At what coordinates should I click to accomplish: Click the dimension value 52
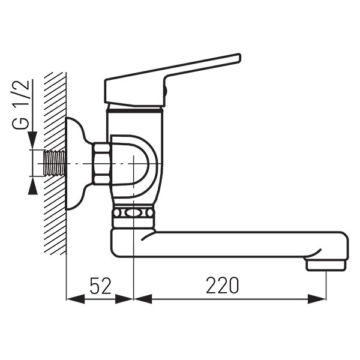coord(100,286)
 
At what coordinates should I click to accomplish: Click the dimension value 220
coord(222,286)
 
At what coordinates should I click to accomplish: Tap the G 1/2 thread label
coord(21,104)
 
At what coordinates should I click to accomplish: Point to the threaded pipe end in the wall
coord(55,163)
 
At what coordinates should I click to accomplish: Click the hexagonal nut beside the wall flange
coord(101,163)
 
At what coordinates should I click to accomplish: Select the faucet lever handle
coord(172,80)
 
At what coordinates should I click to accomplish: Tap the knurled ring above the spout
coord(134,213)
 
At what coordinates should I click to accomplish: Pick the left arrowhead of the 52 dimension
coord(76,299)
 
